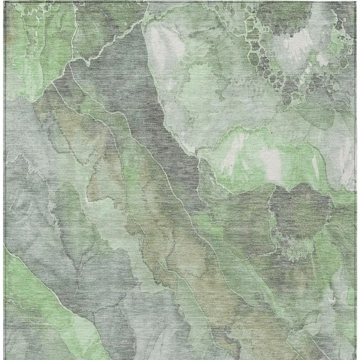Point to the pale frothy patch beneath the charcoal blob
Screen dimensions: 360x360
[296, 250]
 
